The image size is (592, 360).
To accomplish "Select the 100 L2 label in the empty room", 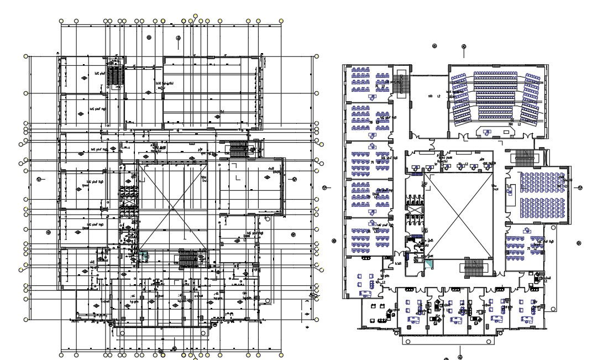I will point(434,97).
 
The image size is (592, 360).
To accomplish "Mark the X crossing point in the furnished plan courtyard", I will point(458,216).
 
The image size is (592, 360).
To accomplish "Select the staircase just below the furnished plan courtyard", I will point(473,268).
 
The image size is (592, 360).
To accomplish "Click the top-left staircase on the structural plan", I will point(114,76).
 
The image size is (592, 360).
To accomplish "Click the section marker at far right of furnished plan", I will point(580,188).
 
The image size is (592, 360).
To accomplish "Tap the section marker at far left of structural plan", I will point(39,179).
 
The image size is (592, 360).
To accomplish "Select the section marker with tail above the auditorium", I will point(464,47).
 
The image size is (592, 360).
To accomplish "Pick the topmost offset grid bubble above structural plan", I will point(195,16).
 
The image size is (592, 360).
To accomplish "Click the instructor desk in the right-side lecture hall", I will point(511,191).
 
